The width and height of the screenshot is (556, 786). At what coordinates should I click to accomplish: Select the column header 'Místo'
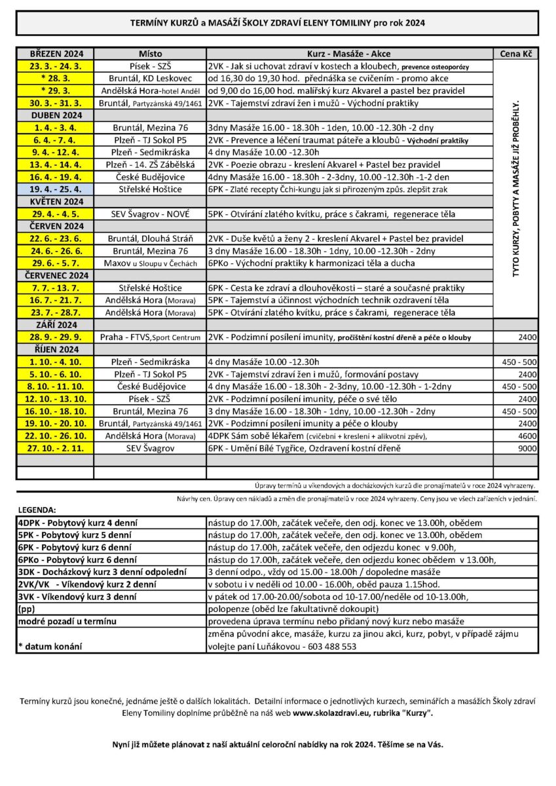point(150,54)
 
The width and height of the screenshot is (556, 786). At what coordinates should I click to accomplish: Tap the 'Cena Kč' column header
point(515,54)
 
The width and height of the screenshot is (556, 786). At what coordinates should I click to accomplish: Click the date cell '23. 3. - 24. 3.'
point(55,66)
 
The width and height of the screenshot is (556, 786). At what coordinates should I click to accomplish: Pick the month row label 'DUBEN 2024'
point(55,115)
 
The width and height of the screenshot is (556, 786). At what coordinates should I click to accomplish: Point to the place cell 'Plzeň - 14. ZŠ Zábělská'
point(150,164)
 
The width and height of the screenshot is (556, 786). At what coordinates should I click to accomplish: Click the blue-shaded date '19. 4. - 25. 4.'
point(55,189)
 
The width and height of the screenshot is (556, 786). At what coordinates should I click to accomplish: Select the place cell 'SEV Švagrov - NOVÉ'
point(150,214)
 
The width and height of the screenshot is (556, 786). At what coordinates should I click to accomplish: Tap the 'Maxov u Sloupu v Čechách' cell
point(150,263)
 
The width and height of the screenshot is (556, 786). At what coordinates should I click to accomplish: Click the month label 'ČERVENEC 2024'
point(55,276)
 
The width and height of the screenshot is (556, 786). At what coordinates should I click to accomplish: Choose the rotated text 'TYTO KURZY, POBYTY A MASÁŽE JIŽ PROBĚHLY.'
point(515,189)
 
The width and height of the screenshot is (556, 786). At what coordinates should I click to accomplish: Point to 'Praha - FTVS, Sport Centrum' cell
point(150,337)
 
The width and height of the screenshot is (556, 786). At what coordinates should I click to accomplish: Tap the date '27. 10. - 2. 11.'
point(55,448)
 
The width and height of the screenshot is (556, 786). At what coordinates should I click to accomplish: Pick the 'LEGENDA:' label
point(37,509)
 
